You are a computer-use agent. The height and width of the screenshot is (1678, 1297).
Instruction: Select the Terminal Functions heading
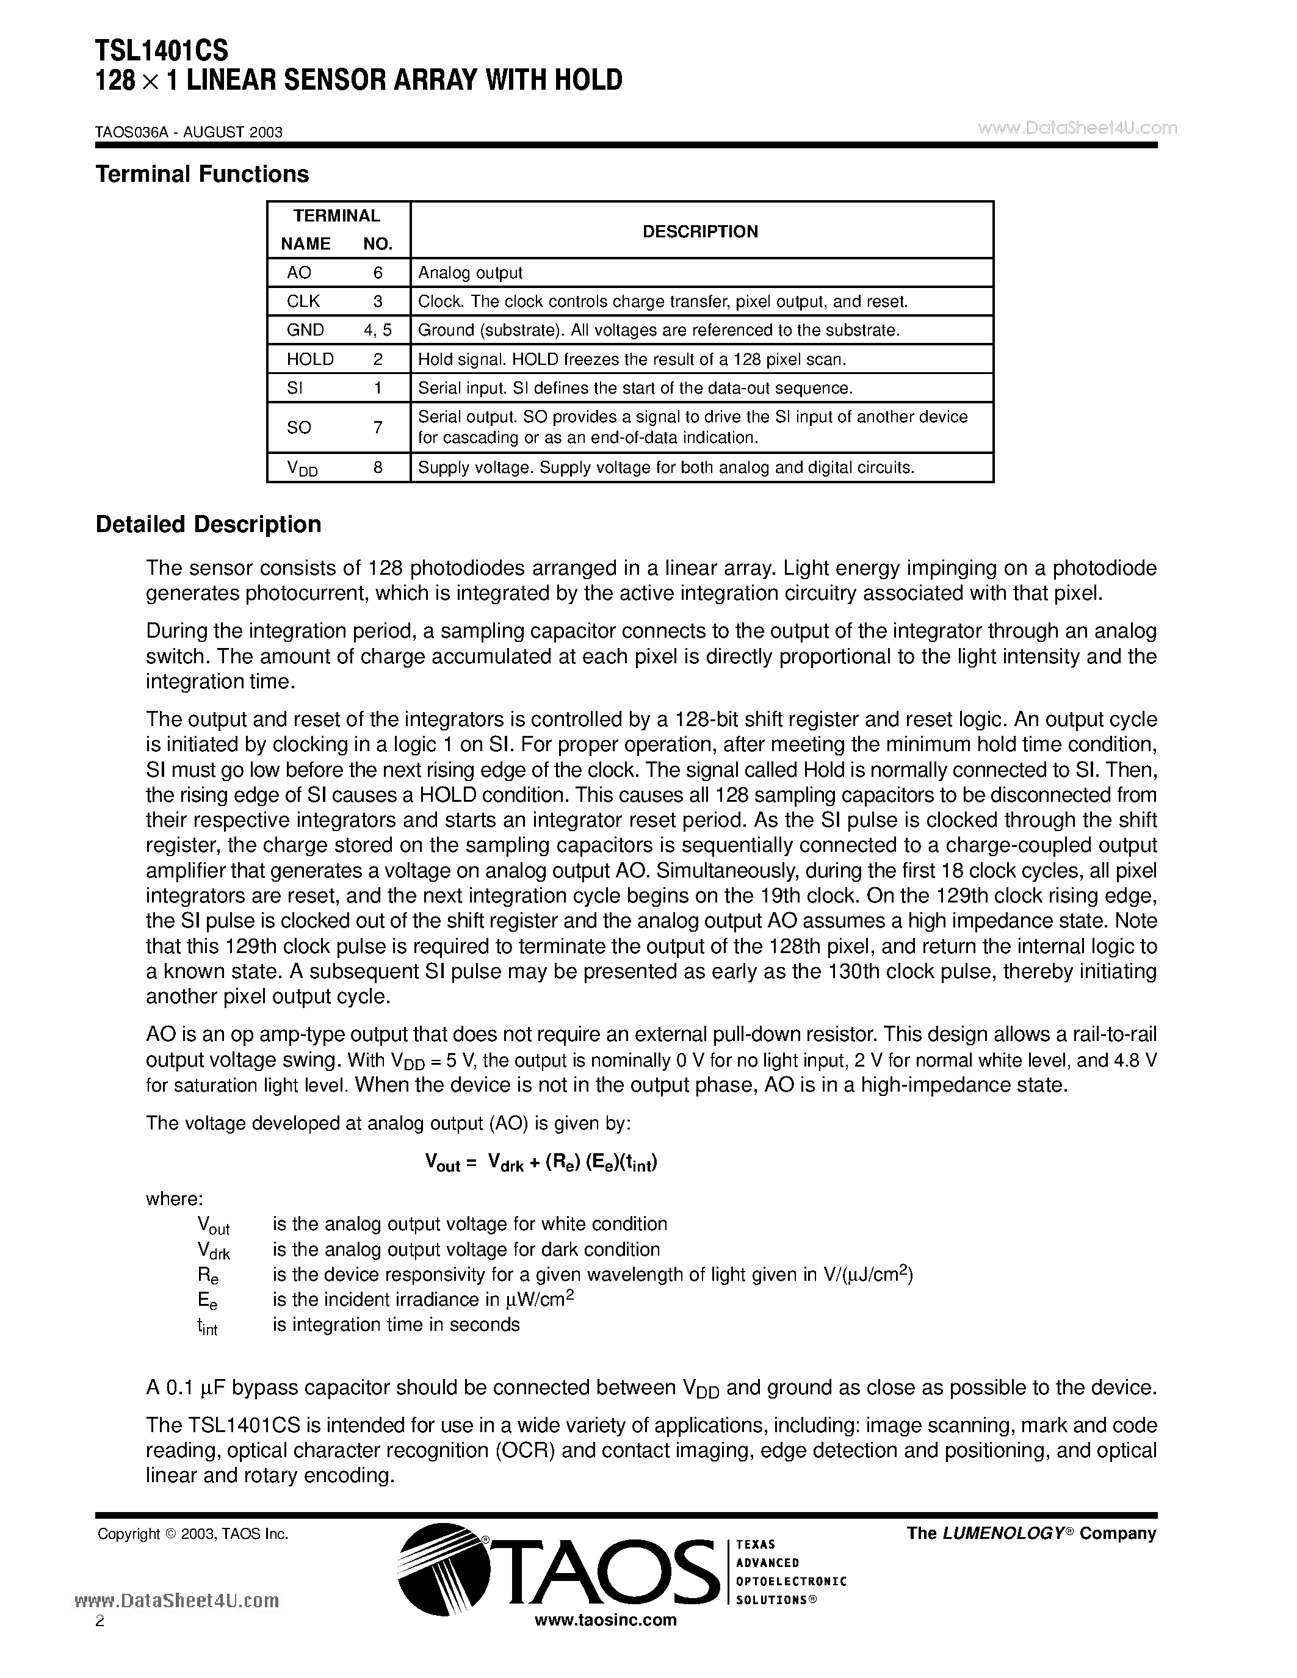pyautogui.click(x=202, y=175)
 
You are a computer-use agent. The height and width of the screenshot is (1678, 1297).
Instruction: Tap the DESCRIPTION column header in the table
pyautogui.click(x=700, y=231)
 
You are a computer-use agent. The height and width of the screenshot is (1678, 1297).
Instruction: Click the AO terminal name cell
pyautogui.click(x=299, y=273)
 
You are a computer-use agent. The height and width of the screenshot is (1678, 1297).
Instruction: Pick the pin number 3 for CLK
pyautogui.click(x=377, y=301)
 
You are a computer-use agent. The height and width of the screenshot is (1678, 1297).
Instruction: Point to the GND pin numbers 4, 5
pyautogui.click(x=377, y=330)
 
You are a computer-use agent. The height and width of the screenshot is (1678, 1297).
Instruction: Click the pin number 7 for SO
pyautogui.click(x=377, y=427)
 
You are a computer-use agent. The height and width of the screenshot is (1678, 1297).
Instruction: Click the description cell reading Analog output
pyautogui.click(x=470, y=273)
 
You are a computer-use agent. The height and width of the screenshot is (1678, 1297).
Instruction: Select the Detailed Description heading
pyautogui.click(x=208, y=525)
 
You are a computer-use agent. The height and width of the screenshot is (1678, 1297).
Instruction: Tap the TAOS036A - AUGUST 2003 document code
pyautogui.click(x=189, y=132)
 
